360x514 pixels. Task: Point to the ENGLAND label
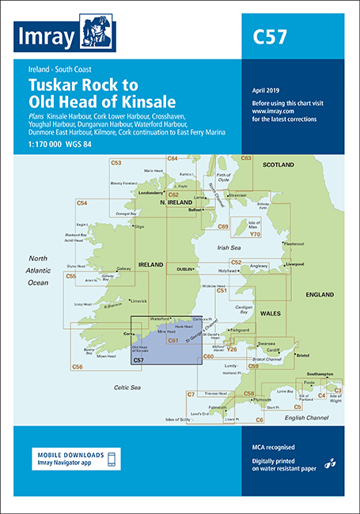(320, 294)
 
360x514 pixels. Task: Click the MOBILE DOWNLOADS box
(75, 459)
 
